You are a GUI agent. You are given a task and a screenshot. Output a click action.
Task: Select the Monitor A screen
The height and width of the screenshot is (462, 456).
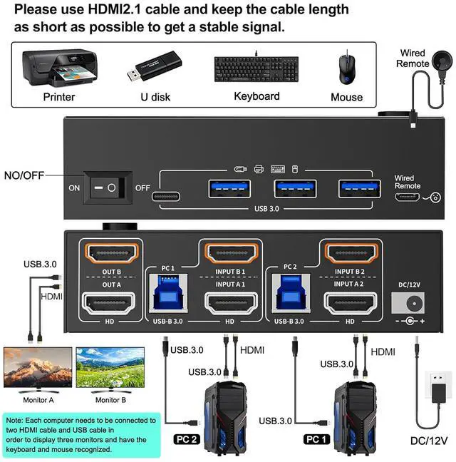click(37, 369)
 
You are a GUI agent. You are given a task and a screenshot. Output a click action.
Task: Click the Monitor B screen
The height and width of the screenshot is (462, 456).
click(111, 369)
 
